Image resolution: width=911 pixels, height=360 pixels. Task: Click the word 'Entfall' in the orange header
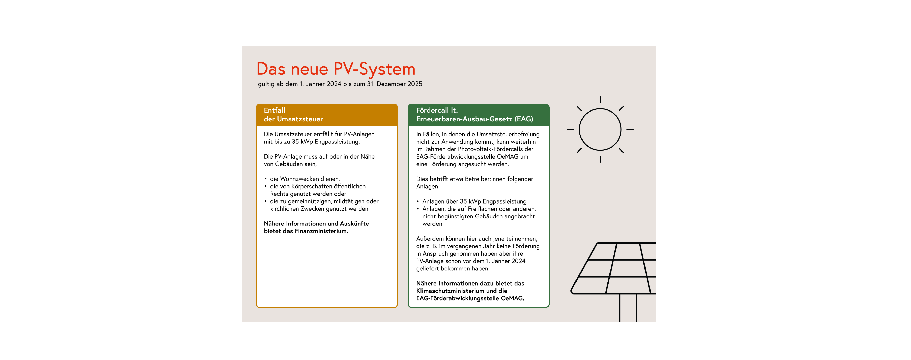[x=274, y=110]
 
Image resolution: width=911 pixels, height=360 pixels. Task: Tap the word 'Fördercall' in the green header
[x=432, y=110]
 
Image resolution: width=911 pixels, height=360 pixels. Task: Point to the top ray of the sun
[x=600, y=100]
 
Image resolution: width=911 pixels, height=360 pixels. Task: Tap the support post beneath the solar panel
[x=628, y=308]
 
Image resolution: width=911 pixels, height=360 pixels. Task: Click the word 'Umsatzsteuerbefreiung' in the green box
[x=508, y=134]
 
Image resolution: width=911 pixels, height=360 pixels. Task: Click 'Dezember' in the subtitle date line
[x=391, y=84]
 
